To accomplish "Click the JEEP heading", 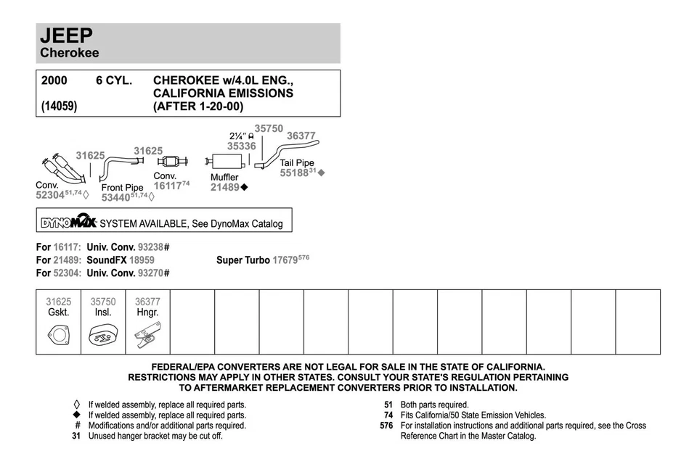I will (x=66, y=35).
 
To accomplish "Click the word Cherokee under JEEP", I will (x=70, y=53).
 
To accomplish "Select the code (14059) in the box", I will (x=59, y=106).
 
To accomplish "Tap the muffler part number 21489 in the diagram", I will (x=225, y=187).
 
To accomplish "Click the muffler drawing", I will (x=223, y=162).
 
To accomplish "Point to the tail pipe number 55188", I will (x=294, y=173).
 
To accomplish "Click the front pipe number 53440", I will (x=115, y=197).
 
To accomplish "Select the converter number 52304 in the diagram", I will (x=50, y=195).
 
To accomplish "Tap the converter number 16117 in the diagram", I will (x=168, y=186).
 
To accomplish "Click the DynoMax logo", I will (x=69, y=222).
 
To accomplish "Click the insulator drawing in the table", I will (x=103, y=336).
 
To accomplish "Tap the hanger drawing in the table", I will (x=147, y=336).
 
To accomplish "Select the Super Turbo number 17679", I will (x=285, y=260).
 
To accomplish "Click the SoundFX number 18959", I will (x=142, y=260).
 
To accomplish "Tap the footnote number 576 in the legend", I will (x=386, y=426).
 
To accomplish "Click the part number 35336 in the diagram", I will (x=241, y=146).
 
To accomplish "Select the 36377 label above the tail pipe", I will (x=301, y=136).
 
